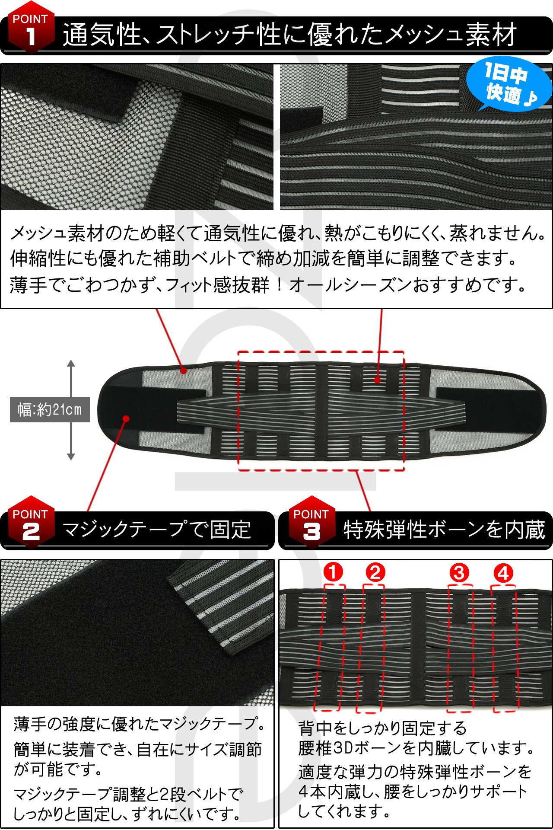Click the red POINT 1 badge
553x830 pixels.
pos(31,27)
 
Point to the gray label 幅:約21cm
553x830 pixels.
pos(50,409)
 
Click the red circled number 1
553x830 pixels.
pos(333,572)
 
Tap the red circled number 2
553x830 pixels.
pos(375,572)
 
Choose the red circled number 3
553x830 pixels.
pos(459,573)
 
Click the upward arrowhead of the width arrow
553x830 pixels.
pos(71,363)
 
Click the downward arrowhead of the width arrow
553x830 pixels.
pos(71,456)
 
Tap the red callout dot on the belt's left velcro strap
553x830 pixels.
pos(126,418)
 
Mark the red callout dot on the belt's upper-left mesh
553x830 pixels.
pos(184,370)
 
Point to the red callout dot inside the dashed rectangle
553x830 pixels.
pos(378,380)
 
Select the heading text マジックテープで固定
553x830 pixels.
pos(157,529)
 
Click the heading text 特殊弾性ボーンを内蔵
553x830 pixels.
pos(444,529)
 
